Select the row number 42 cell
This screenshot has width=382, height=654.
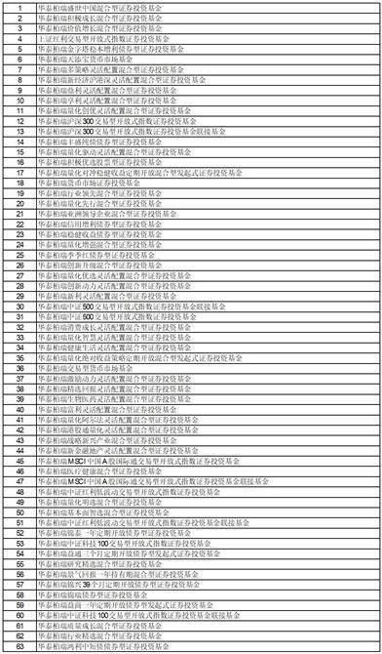19,430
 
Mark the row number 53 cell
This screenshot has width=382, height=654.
19,545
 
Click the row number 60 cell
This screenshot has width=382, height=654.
19,617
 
